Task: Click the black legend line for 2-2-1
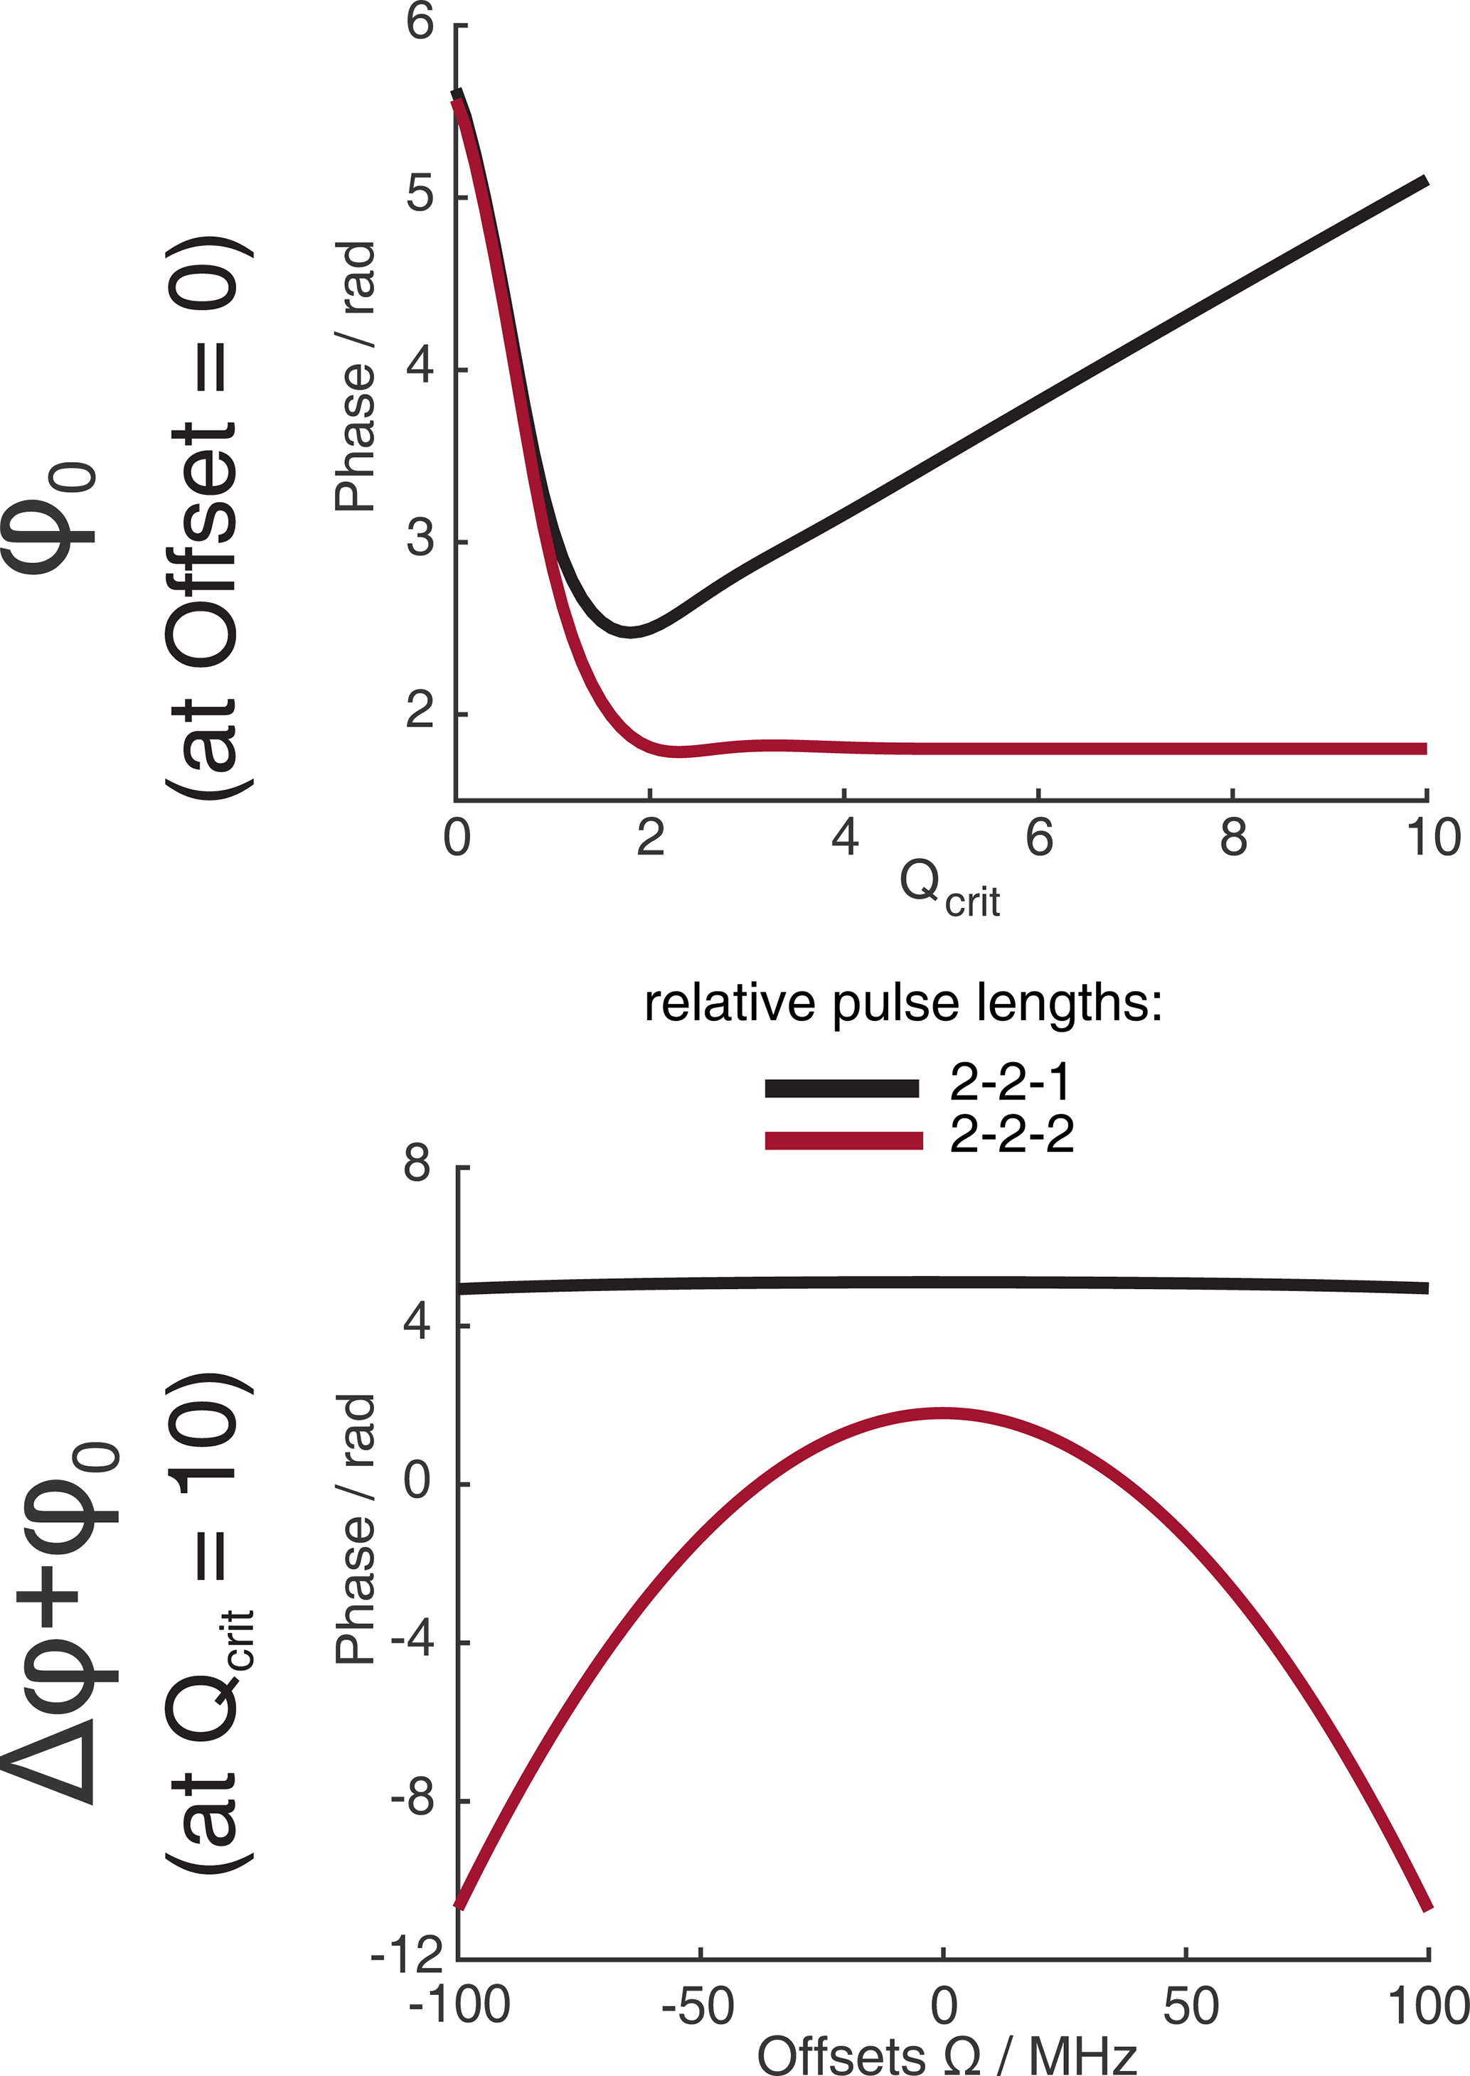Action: pos(842,1088)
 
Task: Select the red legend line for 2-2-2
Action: pos(843,1140)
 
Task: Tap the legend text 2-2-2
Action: pos(1011,1134)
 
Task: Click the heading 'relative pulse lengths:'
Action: pos(902,1004)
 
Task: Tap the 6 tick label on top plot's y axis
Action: pos(421,22)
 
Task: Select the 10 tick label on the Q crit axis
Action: pos(1433,837)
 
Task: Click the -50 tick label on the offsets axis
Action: pos(698,2006)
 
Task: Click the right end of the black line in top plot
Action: pos(1426,181)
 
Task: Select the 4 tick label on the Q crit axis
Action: pos(845,837)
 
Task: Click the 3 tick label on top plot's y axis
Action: pos(421,540)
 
